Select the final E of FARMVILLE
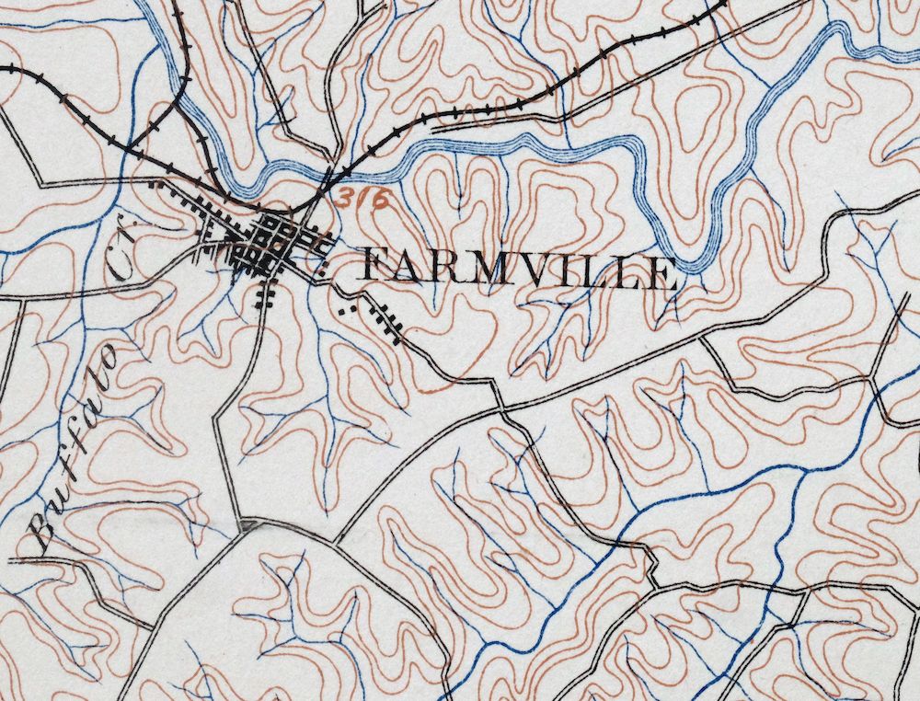tap(664, 273)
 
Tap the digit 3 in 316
tap(344, 196)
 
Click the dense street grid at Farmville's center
tap(272, 242)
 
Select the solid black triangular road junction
tap(245, 525)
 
